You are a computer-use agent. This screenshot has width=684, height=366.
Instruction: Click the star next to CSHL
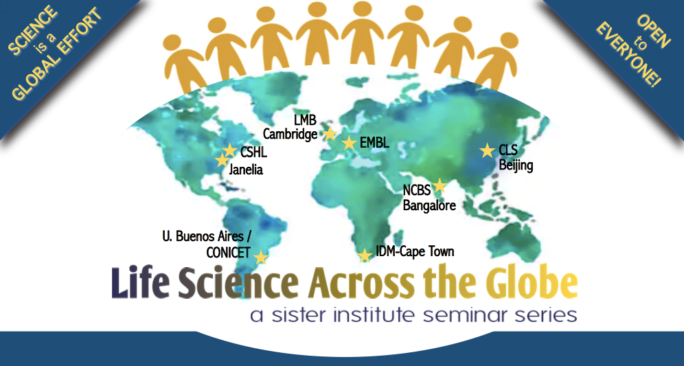(x=230, y=150)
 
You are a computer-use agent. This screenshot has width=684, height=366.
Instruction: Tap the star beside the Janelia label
(x=223, y=160)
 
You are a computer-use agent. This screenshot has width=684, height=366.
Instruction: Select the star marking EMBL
(x=349, y=143)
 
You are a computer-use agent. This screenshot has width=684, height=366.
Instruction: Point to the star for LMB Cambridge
(x=330, y=135)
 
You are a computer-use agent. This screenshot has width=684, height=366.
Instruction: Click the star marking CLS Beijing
(x=488, y=150)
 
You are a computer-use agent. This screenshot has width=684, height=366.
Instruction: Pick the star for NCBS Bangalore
(x=440, y=186)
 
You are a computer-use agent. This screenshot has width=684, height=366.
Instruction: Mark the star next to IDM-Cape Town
(x=365, y=255)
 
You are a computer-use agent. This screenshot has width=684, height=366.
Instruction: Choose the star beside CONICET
(x=260, y=258)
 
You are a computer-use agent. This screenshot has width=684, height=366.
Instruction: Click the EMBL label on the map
(x=374, y=143)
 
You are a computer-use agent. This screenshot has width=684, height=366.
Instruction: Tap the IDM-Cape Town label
(x=415, y=252)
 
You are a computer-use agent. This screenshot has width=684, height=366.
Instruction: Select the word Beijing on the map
(x=516, y=165)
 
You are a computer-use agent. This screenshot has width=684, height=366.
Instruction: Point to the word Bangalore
(x=429, y=205)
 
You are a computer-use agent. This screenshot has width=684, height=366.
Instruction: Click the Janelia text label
(x=246, y=169)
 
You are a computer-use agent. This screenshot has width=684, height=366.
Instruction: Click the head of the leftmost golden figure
(x=172, y=43)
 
